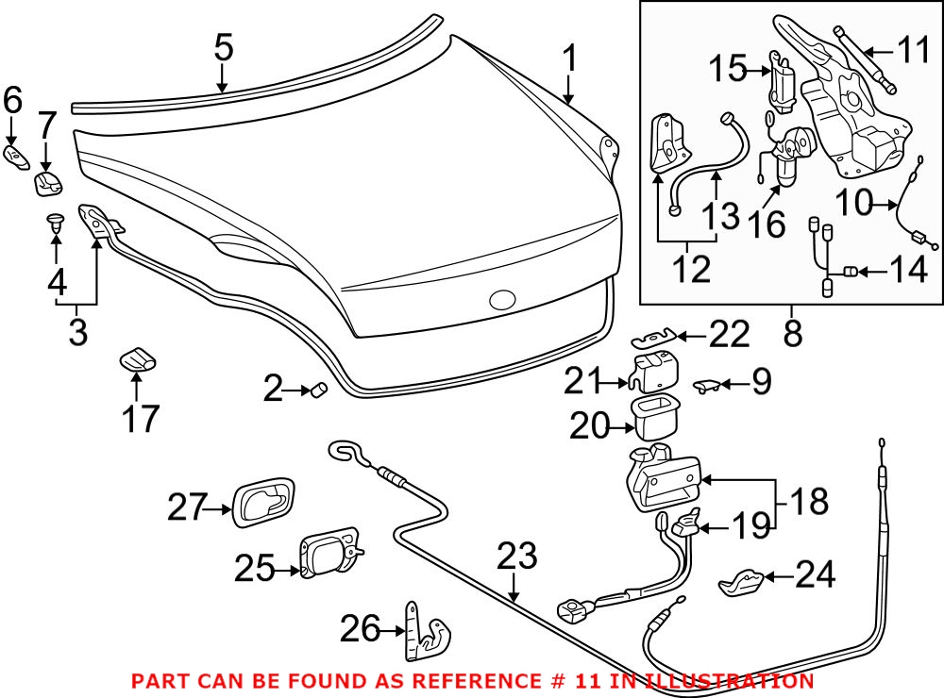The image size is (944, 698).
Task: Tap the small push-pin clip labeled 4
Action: coord(56,224)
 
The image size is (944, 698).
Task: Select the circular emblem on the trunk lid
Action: coord(501,301)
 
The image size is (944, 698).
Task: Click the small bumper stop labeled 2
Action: coord(318,388)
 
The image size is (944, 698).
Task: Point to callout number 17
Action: coord(141,418)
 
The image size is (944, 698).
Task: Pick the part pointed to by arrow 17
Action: coord(137,358)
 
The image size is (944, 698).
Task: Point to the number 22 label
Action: coord(729,334)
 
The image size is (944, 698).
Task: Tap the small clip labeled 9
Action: coord(708,383)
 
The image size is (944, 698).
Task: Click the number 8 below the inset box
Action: coord(792,333)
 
